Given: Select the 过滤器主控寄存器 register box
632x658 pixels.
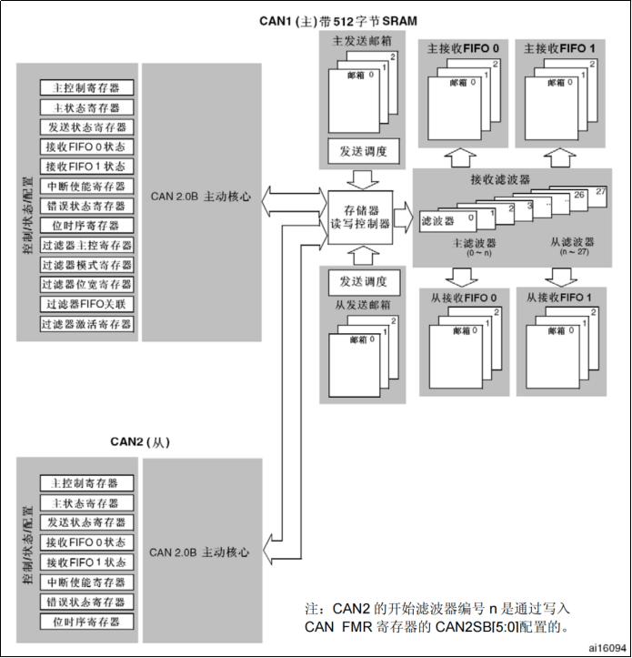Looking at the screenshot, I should [x=86, y=245].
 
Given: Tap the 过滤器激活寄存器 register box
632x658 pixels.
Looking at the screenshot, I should [x=86, y=324].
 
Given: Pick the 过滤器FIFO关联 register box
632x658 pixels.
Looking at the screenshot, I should [x=86, y=304].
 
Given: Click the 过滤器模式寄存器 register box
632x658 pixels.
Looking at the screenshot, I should [x=86, y=265].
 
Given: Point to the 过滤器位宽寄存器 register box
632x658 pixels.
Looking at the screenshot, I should [x=86, y=285].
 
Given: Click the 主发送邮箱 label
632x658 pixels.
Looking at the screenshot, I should [x=355, y=42].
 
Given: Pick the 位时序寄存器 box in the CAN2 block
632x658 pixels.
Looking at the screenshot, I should [x=86, y=622].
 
